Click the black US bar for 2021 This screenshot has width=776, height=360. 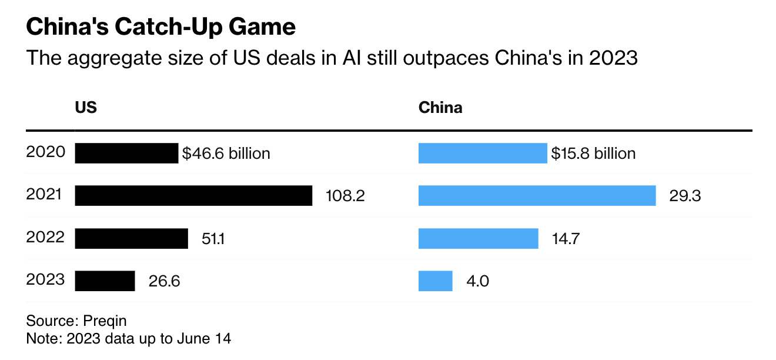pos(193,196)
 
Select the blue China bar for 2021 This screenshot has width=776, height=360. pos(537,196)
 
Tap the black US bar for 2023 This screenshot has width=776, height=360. pos(105,281)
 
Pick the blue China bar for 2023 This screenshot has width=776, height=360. pos(435,281)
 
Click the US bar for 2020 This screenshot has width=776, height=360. pos(126,154)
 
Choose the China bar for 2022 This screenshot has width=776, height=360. pos(478,239)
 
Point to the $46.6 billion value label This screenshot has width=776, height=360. pos(226,154)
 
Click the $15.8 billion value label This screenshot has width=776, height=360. pos(593,154)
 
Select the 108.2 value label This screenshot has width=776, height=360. pos(345,196)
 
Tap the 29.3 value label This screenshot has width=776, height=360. pos(685,196)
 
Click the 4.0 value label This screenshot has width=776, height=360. pos(477,281)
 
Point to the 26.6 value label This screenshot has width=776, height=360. pos(164,281)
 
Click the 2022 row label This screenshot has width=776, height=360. pos(45,237)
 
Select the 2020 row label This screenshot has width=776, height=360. pos(45,152)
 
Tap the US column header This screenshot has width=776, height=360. pos(86,108)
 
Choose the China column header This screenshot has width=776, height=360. pos(440,108)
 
